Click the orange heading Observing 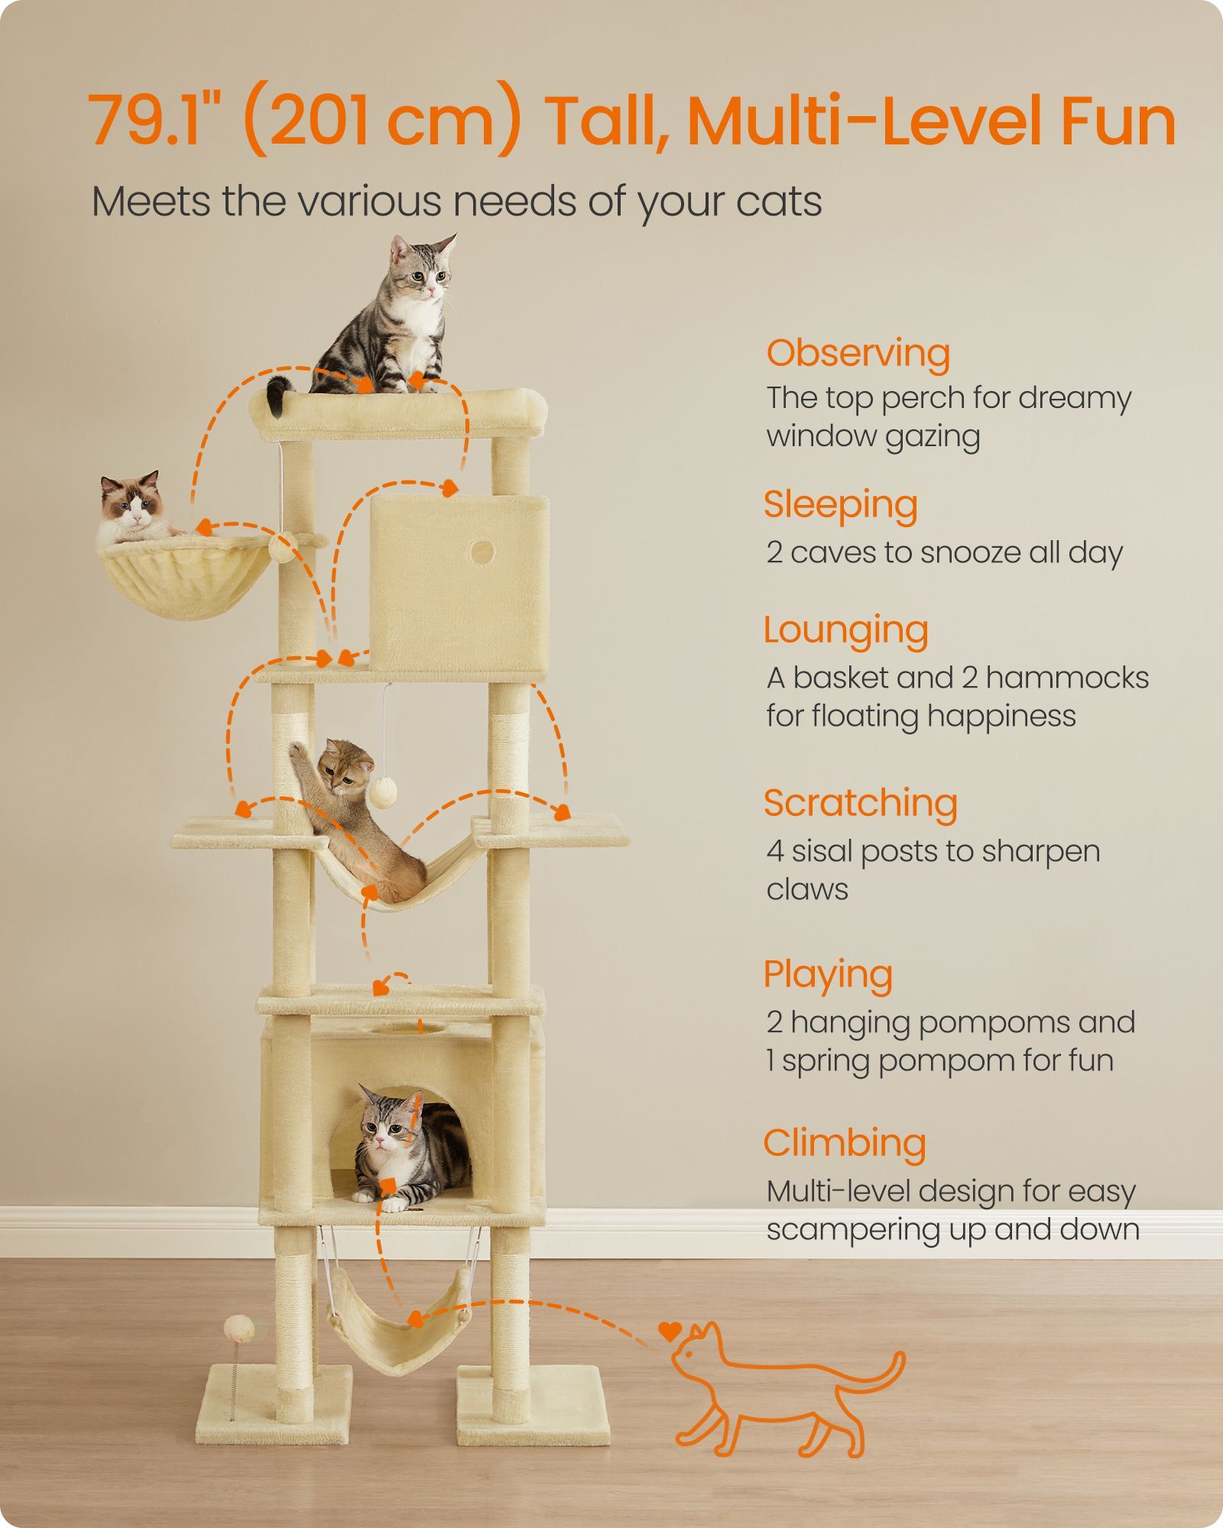[858, 354]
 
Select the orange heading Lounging [846, 632]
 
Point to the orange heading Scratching [861, 804]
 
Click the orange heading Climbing [845, 1144]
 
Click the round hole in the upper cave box [481, 551]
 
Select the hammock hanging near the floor [399, 1322]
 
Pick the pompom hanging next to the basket [283, 547]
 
